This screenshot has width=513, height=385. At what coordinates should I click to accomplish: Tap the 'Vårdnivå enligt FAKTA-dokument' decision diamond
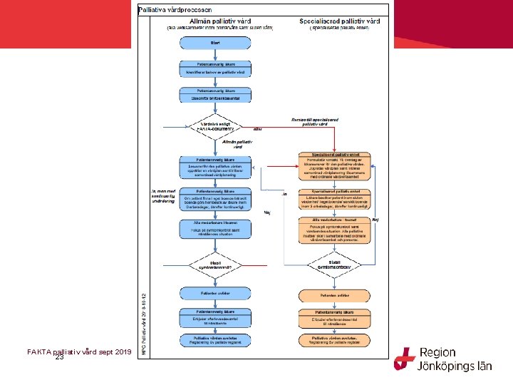[x=216, y=126]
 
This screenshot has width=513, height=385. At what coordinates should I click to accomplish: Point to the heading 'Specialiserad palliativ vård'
[x=340, y=21]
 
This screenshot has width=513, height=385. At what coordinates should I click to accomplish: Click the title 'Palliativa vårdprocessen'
[x=175, y=10]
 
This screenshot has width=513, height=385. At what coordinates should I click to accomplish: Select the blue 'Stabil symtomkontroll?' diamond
[x=216, y=264]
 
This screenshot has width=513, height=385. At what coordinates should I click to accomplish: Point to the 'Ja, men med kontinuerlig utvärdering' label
[x=162, y=196]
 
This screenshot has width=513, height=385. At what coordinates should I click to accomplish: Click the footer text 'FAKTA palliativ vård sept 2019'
[x=78, y=351]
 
